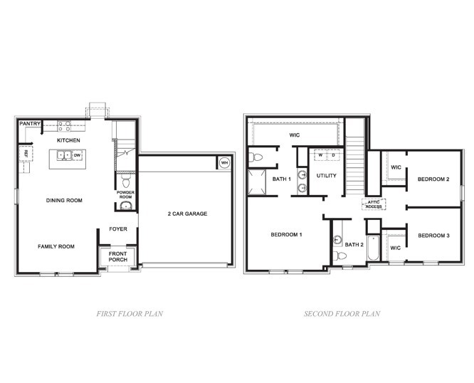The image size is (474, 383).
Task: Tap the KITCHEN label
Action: (69, 141)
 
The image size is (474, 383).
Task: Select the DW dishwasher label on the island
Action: (76, 154)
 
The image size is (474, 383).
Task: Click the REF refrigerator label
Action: (26, 153)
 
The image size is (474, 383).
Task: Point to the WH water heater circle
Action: (224, 162)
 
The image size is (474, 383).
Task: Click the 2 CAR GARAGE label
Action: (187, 214)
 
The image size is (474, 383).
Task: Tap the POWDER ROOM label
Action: (125, 194)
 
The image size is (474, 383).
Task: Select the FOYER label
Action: (118, 229)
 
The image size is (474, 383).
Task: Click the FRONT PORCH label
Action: (117, 256)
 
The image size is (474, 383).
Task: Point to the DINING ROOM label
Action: (65, 201)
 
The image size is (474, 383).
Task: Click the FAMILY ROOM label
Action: (56, 246)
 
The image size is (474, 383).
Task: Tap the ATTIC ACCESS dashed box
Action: (374, 204)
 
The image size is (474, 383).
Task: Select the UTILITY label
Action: (327, 175)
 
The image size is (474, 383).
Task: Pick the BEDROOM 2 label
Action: (433, 179)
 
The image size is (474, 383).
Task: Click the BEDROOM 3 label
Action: (433, 236)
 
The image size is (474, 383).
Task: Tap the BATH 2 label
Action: (357, 244)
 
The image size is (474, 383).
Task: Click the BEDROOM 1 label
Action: (287, 234)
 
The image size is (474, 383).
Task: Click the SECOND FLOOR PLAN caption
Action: (342, 313)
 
